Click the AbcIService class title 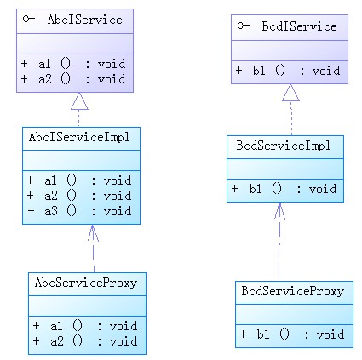(x=85, y=20)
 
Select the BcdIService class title (x=299, y=26)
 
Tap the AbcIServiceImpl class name (x=79, y=137)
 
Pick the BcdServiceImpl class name (x=284, y=146)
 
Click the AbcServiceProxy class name (x=86, y=283)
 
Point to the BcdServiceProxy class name (x=292, y=291)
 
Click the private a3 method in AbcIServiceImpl (x=79, y=211)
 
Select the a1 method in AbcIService (x=73, y=64)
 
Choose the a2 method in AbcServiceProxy (x=85, y=341)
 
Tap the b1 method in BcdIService (x=288, y=71)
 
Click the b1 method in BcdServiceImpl (x=284, y=189)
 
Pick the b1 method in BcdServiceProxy (x=292, y=334)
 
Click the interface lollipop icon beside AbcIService (x=29, y=19)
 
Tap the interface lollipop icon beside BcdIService (x=244, y=26)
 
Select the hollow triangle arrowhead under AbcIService (x=79, y=101)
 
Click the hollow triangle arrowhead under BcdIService (x=290, y=93)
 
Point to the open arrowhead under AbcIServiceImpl (x=93, y=233)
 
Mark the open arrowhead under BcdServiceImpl (x=279, y=211)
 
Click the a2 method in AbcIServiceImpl (x=79, y=196)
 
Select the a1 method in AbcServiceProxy (x=85, y=326)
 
